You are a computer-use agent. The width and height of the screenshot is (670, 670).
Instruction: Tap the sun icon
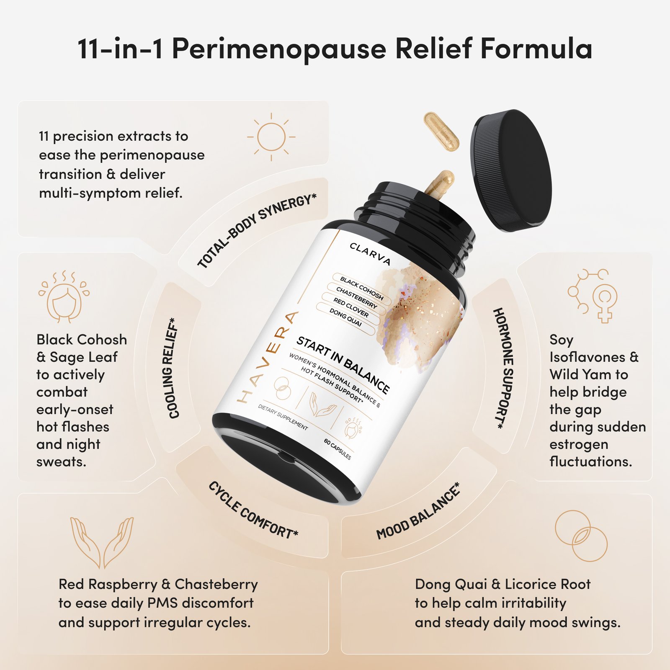point(271,137)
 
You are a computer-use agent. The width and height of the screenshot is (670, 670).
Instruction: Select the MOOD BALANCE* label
point(418,512)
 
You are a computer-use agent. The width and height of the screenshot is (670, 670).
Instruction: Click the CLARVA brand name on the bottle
point(370,254)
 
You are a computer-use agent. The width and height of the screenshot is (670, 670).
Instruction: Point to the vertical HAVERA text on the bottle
point(268,357)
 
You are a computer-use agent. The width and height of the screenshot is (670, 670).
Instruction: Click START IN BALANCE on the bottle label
point(343,364)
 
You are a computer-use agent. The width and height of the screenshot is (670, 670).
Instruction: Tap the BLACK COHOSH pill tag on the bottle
point(362,288)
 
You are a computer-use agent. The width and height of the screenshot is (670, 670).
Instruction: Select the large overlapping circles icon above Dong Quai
point(581,536)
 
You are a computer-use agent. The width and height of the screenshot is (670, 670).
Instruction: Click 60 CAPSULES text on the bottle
point(338,449)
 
